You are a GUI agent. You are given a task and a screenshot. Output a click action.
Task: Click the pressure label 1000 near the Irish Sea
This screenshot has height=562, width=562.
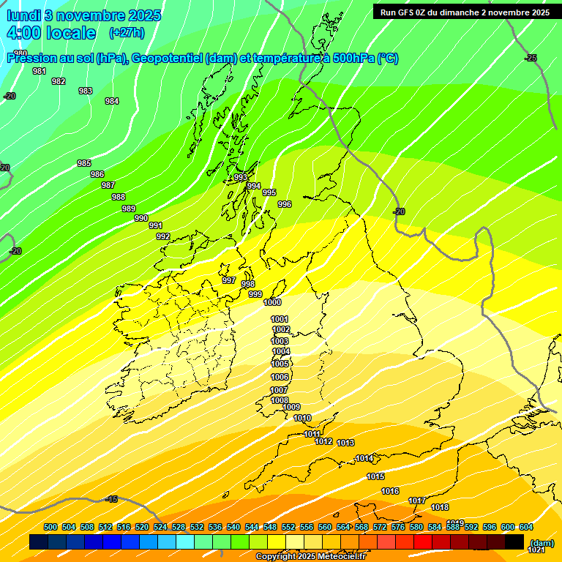[272, 302]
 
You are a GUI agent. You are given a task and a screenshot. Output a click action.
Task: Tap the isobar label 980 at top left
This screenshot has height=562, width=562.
[20, 53]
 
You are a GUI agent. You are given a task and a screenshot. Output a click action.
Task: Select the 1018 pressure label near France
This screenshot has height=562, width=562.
[440, 507]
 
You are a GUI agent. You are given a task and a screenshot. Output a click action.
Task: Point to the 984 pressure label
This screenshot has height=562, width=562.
[111, 101]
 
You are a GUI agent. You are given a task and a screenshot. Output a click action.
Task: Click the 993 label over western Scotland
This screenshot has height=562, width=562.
[240, 178]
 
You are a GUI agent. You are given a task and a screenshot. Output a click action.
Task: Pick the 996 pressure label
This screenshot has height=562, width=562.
[285, 204]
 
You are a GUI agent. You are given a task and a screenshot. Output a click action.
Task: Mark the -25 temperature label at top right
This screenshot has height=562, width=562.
[531, 58]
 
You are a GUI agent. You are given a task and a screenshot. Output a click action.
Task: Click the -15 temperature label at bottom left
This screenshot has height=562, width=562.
[111, 499]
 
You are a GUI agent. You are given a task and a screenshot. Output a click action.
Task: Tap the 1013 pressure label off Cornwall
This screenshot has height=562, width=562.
[346, 443]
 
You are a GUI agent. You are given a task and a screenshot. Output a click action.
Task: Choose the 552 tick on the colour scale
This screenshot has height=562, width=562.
[288, 527]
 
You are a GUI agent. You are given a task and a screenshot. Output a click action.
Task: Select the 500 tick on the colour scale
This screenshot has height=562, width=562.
[50, 527]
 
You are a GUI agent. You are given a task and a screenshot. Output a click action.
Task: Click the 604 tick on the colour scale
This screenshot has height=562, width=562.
[525, 527]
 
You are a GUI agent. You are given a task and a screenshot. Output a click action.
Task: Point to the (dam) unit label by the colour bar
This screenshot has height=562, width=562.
[542, 542]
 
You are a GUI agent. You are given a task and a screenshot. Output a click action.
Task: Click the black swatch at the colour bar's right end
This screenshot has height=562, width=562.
[514, 542]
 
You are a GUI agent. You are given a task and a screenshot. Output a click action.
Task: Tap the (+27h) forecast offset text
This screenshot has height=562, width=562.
[127, 33]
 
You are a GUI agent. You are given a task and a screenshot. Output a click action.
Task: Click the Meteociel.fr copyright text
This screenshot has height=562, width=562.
[310, 557]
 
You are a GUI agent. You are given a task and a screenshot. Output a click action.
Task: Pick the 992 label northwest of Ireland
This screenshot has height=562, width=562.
[163, 236]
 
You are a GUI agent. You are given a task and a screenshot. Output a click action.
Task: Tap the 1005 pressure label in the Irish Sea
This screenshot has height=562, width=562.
[280, 364]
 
